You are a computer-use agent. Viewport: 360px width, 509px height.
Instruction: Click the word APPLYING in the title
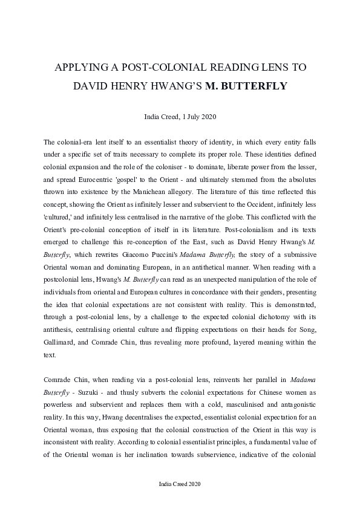(80, 67)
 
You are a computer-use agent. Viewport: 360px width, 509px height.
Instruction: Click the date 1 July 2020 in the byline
(196, 116)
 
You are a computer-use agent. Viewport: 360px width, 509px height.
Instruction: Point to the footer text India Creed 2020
(179, 484)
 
